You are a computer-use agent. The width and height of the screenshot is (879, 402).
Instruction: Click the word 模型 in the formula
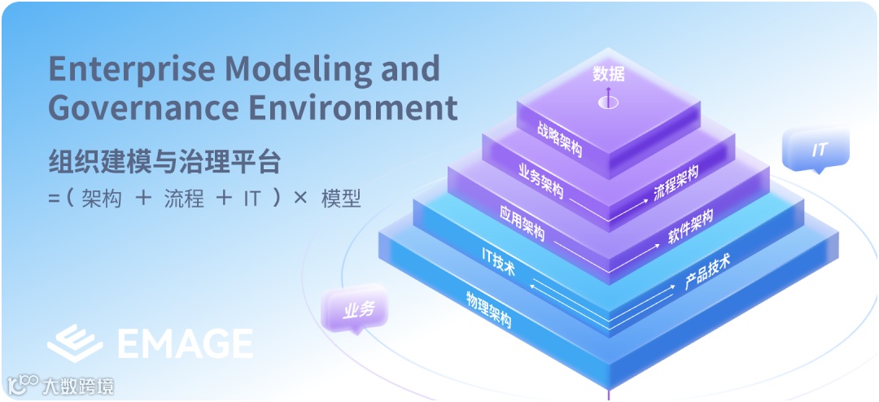tap(341, 199)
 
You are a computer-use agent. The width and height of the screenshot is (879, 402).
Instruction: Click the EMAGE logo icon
tap(74, 343)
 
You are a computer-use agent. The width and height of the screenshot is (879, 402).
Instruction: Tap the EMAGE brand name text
tap(185, 344)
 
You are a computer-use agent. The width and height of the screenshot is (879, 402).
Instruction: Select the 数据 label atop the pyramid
tap(609, 74)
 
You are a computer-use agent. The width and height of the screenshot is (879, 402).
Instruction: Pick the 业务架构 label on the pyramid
tap(540, 181)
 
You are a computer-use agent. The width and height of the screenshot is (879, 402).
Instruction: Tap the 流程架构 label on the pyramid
tap(676, 184)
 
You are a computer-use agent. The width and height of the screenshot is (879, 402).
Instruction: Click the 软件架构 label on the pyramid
tap(690, 226)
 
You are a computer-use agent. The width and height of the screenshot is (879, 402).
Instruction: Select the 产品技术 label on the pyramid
tap(707, 271)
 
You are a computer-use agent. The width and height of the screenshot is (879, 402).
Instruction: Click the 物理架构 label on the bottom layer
tap(488, 308)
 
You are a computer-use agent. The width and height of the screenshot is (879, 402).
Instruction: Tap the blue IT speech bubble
tap(817, 151)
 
